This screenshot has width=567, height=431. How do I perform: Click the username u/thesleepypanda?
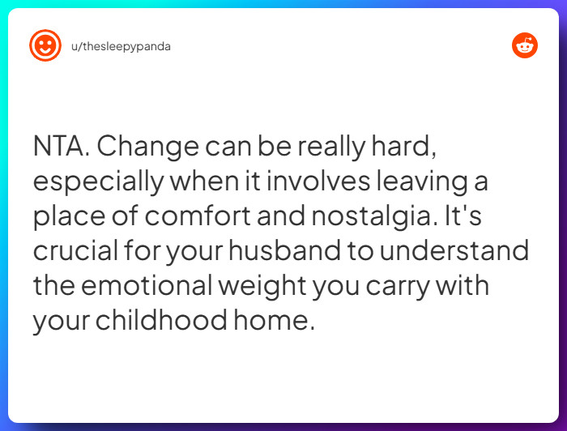121,46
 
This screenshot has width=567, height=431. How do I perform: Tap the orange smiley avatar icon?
45,46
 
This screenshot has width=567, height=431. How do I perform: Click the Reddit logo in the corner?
525,45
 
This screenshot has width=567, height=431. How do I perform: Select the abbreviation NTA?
62,147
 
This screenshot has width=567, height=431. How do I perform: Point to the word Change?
147,147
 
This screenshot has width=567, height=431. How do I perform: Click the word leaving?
411,181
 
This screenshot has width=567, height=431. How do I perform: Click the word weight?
292,286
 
